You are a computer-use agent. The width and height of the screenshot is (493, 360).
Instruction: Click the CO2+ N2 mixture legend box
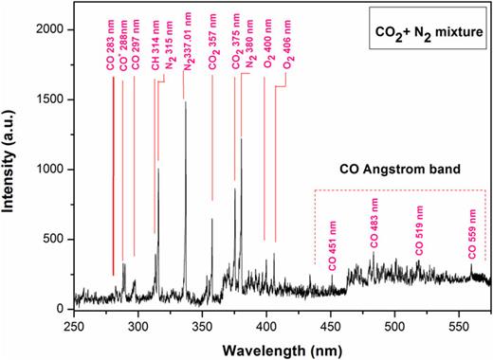point(426,35)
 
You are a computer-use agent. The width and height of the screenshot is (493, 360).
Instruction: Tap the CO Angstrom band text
point(399,171)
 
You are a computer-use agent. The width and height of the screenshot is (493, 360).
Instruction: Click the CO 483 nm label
point(372,226)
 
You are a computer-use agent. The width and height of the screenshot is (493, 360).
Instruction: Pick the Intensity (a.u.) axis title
point(12,167)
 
